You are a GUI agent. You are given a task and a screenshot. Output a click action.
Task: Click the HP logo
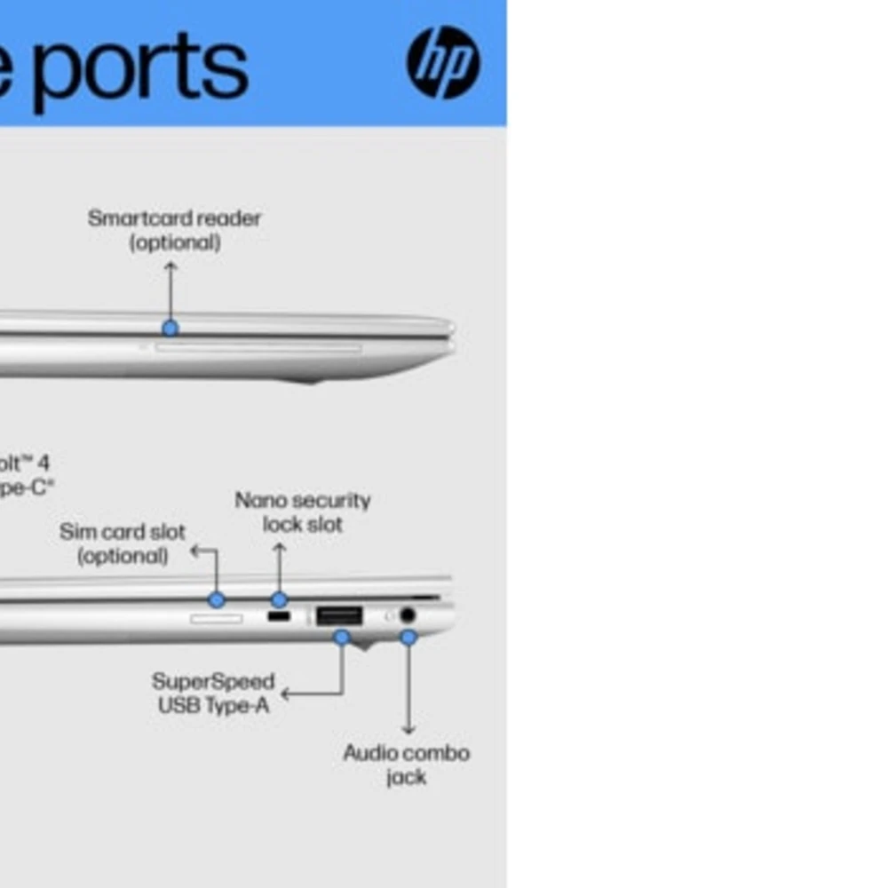click(x=443, y=62)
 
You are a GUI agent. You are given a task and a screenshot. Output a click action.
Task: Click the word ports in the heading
click(x=142, y=67)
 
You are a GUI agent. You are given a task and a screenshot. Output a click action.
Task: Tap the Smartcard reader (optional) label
click(x=175, y=230)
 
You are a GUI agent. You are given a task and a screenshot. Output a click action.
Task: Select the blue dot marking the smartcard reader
click(x=170, y=328)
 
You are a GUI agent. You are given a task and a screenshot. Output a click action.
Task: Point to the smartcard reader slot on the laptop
click(x=258, y=348)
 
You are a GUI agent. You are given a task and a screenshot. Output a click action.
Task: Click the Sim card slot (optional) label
click(x=123, y=543)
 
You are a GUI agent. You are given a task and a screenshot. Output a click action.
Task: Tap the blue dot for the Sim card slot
click(x=216, y=599)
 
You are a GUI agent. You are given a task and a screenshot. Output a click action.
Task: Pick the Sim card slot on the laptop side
click(x=216, y=617)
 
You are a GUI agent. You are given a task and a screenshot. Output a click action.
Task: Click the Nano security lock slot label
click(x=303, y=512)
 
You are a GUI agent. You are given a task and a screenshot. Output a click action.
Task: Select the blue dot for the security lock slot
click(x=279, y=599)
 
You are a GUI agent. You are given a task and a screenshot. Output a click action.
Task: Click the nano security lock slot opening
click(x=279, y=615)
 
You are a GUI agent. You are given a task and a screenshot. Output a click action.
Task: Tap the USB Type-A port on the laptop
click(x=339, y=615)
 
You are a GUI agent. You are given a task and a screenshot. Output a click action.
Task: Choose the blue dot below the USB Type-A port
click(x=342, y=637)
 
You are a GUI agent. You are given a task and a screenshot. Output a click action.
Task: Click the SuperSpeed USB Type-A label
click(x=213, y=694)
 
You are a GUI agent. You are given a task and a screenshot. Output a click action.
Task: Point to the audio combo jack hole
click(x=408, y=614)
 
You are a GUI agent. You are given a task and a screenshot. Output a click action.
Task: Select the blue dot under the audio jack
click(x=408, y=637)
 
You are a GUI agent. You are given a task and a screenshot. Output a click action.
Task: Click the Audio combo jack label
click(x=407, y=765)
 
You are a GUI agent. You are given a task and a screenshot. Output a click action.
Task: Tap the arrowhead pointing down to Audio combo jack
click(x=408, y=730)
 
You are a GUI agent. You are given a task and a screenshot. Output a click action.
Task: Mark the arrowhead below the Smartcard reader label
click(x=170, y=265)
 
